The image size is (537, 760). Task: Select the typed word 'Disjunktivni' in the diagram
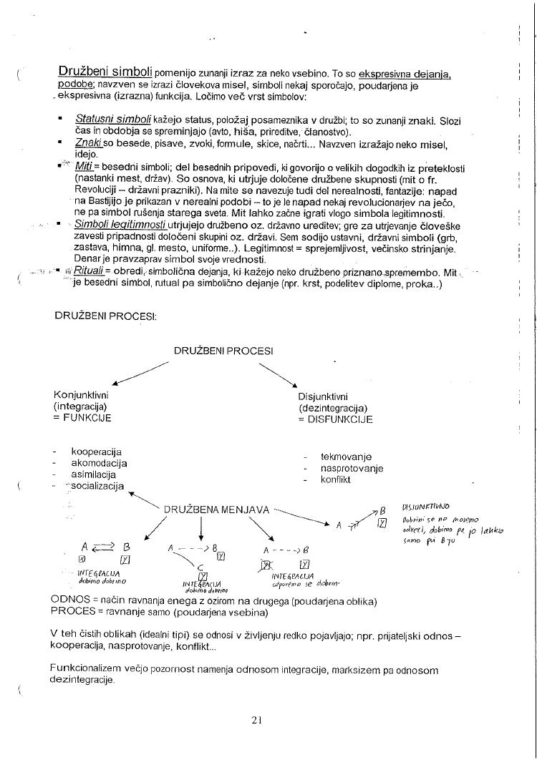(324, 396)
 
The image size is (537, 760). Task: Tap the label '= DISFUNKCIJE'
(335, 420)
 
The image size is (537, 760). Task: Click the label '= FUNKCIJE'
(82, 419)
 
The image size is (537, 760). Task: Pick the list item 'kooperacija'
(96, 452)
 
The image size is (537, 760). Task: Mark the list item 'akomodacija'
(99, 463)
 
